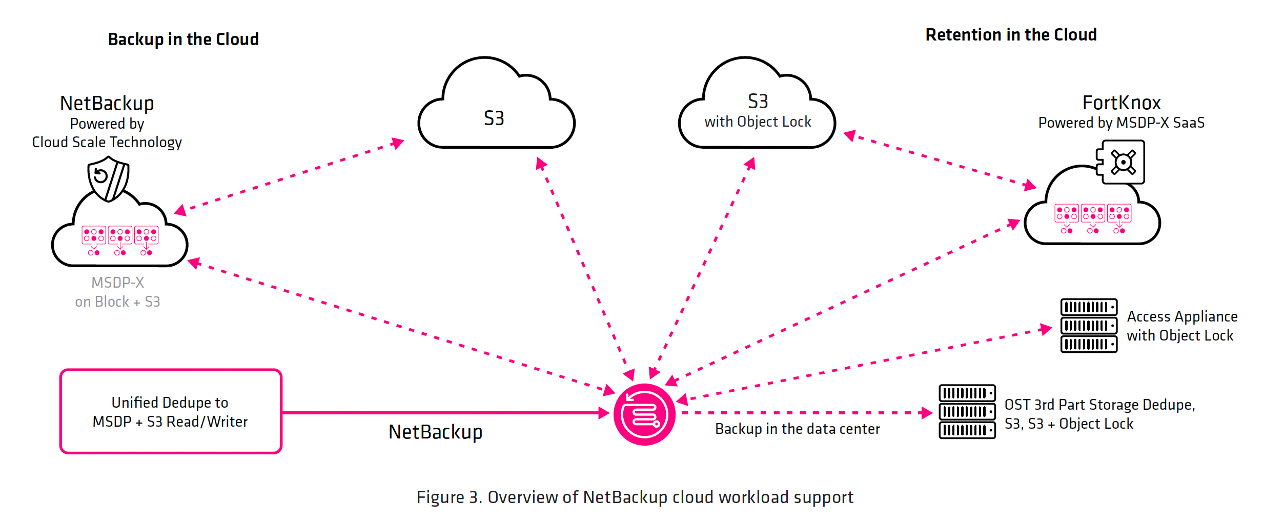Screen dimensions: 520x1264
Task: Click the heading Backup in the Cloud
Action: tap(183, 39)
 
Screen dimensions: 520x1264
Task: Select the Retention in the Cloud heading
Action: tap(1011, 35)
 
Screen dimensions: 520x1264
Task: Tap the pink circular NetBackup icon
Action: tap(644, 414)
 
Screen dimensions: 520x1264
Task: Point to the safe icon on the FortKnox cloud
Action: tap(1123, 163)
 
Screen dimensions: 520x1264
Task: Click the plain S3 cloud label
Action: tap(494, 118)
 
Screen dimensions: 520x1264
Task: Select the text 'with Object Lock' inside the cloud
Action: tap(758, 122)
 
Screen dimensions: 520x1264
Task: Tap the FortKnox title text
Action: tap(1121, 103)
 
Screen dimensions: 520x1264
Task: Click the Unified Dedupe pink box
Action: tap(171, 411)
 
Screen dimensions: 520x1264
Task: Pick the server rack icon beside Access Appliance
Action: tap(1088, 326)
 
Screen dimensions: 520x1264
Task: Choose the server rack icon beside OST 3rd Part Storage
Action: tap(967, 411)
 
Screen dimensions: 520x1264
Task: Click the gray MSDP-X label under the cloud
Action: tap(117, 283)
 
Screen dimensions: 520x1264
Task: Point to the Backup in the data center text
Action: tap(797, 429)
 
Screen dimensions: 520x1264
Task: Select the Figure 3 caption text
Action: tap(635, 497)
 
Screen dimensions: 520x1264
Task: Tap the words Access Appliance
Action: tap(1182, 316)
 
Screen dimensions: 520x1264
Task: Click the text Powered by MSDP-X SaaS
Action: tap(1121, 123)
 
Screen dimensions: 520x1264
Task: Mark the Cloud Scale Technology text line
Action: tap(107, 142)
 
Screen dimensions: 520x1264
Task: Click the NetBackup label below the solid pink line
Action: tap(435, 432)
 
